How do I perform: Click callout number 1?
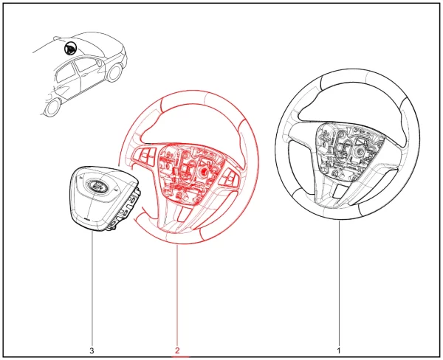pos(339,350)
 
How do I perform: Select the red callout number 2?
pos(177,350)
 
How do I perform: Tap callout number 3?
pos(92,350)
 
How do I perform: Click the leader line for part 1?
pos(339,283)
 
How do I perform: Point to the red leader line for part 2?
pos(177,295)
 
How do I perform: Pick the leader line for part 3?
pos(92,288)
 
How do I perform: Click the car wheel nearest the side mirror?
pos(115,72)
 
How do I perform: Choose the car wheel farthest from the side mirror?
pos(52,106)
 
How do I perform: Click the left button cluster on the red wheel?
pos(144,156)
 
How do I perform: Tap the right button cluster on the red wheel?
pos(229,177)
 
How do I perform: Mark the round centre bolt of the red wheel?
pos(202,171)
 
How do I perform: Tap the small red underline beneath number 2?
pos(180,356)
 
